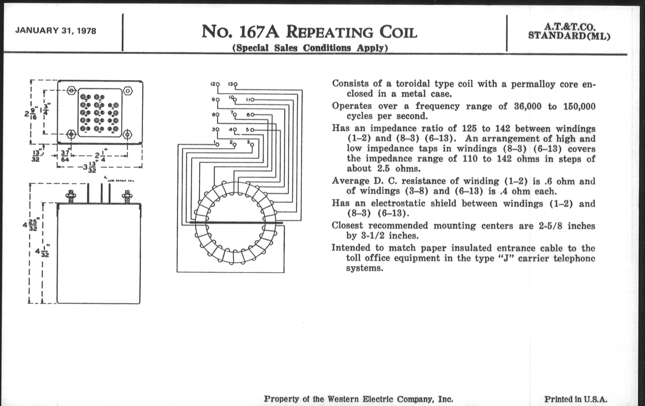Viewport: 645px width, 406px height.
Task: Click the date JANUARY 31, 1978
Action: click(x=56, y=31)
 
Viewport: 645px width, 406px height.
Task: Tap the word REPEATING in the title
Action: click(x=329, y=32)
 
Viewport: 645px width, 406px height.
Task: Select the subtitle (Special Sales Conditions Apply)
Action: click(x=310, y=48)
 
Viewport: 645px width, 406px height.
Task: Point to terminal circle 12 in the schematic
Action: click(x=217, y=84)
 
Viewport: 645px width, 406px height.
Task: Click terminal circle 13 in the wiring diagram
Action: click(x=236, y=84)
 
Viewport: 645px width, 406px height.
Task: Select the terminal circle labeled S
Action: click(x=252, y=144)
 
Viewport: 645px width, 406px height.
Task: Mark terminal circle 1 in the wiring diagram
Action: click(x=217, y=144)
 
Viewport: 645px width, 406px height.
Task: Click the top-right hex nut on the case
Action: click(x=128, y=91)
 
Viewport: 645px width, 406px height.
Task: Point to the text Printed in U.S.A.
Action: click(x=576, y=399)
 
